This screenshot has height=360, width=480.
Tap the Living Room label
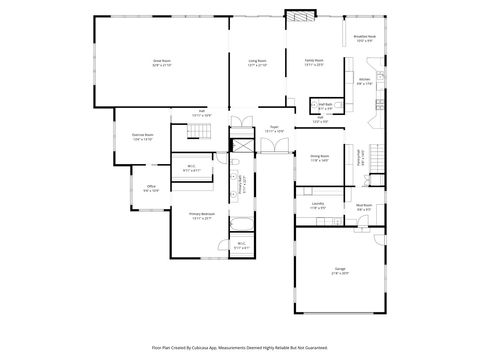point(258,61)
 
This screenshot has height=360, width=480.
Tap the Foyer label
point(273,128)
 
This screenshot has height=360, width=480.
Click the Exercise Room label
point(143,136)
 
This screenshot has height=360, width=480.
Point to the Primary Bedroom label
point(202,215)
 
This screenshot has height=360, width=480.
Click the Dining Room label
point(320,157)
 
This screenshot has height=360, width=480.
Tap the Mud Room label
point(364,207)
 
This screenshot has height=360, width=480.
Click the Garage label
point(341,270)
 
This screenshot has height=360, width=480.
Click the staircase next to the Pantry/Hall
point(376,155)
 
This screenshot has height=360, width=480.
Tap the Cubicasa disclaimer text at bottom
point(240,347)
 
